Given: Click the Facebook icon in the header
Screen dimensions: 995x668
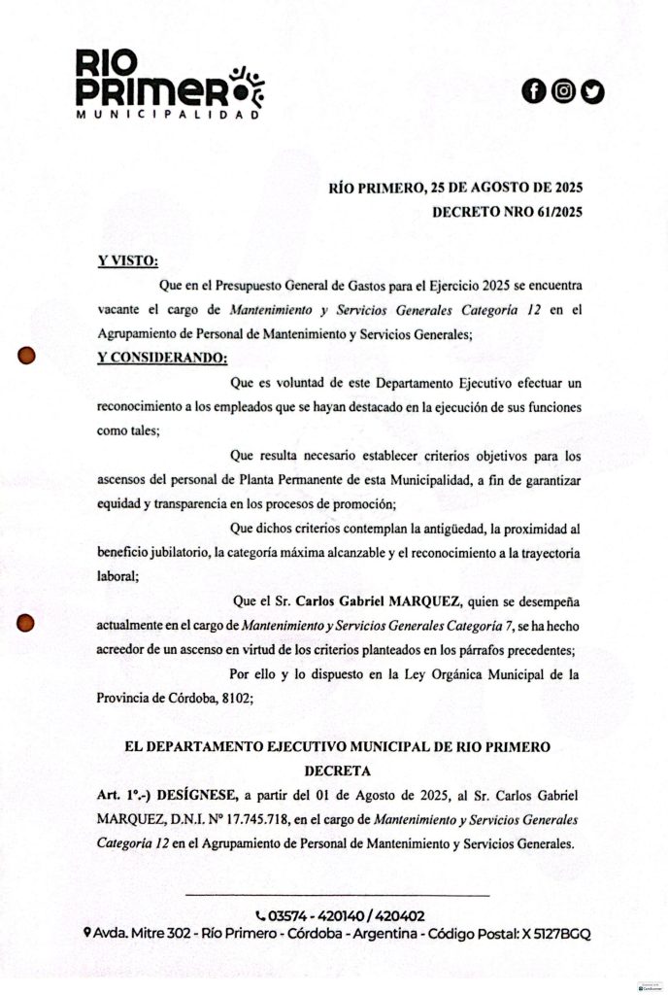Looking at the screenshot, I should coord(533,91).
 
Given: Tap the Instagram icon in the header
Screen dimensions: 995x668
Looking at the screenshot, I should coord(563,91).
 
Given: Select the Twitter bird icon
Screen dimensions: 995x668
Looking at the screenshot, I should coord(592,91).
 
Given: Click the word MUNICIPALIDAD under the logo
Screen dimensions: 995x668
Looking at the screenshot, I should coord(168,115).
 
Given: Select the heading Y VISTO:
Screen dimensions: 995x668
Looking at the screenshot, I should coord(127,260).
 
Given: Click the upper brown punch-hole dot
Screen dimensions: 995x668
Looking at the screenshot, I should coord(28,356).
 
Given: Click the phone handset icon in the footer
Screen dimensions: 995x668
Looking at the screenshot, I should coord(260,915).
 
